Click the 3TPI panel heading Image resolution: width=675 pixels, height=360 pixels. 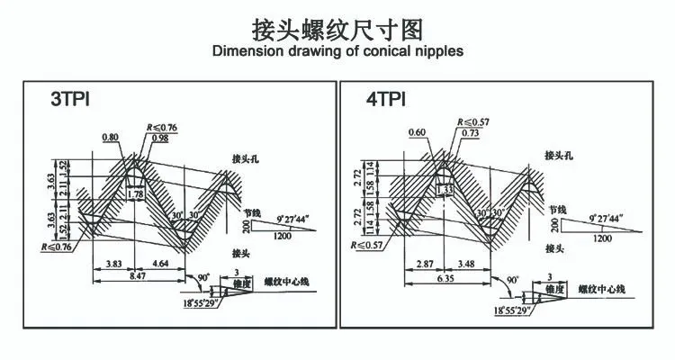73,99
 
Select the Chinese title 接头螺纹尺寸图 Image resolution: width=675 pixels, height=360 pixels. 337,27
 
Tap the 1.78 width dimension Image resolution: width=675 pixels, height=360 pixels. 137,193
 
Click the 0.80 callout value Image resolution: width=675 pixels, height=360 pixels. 111,138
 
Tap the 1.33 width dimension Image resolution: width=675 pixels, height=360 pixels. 444,190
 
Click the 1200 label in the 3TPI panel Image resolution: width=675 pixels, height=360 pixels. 282,237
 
